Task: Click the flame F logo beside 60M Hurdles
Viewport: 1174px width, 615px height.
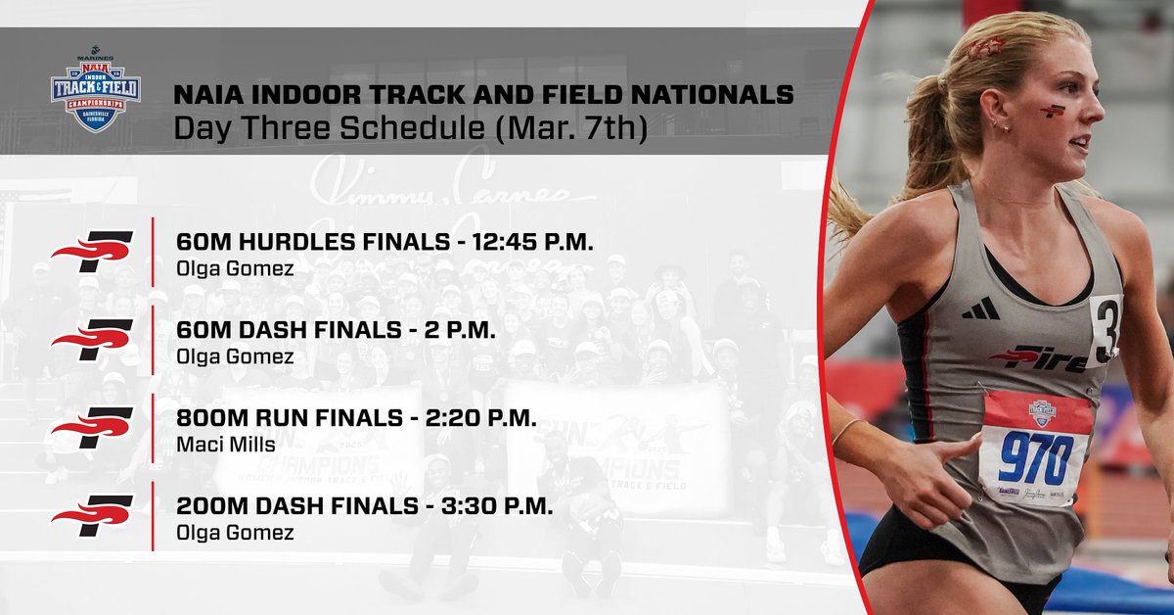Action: click(92, 251)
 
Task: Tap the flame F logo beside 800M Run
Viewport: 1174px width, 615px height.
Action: click(92, 427)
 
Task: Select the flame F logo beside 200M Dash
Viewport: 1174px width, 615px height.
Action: click(92, 515)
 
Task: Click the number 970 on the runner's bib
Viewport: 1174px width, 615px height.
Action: click(1036, 451)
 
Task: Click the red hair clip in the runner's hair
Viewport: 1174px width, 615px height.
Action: click(985, 47)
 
